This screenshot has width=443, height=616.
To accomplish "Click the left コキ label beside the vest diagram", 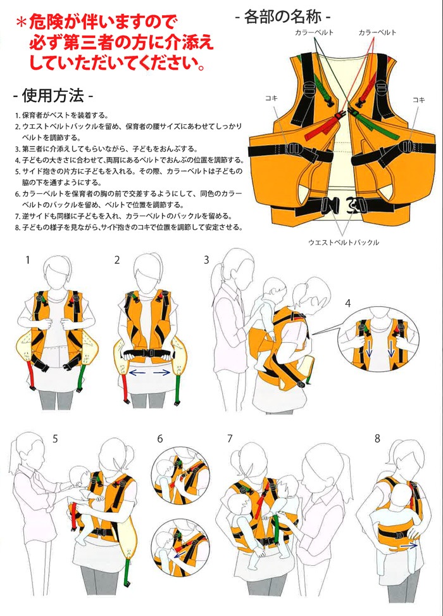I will [x=269, y=99].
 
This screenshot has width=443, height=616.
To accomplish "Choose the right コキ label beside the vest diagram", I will [x=418, y=99].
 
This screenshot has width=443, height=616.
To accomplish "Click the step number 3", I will [x=206, y=260].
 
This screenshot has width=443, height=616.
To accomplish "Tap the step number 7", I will [x=230, y=439].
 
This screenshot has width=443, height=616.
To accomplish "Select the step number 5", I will [x=56, y=439].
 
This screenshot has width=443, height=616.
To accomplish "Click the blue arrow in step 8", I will [x=409, y=544].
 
